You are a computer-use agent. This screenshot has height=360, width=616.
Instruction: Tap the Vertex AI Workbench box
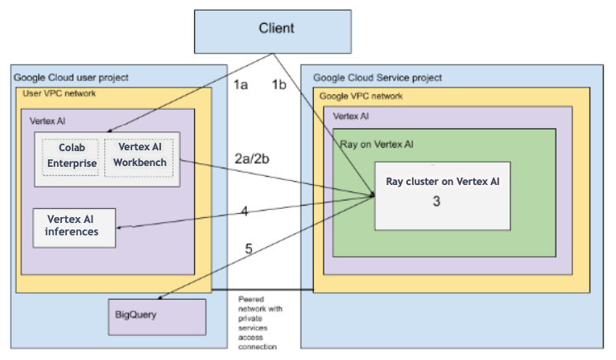[142, 154]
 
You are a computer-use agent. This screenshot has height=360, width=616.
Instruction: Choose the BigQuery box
[157, 316]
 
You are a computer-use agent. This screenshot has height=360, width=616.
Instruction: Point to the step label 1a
[239, 84]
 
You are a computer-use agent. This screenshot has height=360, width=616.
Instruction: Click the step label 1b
[281, 84]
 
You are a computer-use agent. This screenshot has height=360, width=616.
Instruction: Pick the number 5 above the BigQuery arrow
[249, 249]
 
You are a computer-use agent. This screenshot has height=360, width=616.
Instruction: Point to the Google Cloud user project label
[71, 78]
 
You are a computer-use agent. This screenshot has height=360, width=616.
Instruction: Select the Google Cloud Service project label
[377, 78]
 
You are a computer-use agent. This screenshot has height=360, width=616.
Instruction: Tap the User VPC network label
[59, 94]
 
